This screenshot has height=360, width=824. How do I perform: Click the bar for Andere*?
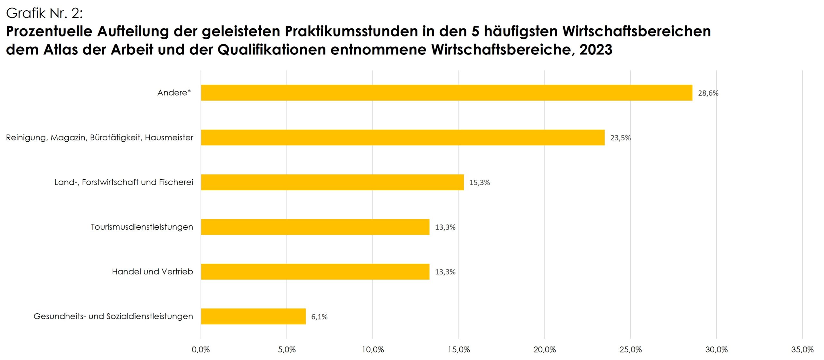click(x=446, y=93)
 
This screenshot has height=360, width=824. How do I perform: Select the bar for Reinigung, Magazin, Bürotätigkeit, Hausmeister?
click(x=403, y=137)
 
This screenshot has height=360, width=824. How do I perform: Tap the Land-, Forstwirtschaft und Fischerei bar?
click(x=332, y=182)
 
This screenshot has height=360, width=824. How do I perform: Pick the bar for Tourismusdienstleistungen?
click(x=315, y=227)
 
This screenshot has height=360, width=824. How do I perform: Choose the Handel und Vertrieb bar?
click(x=315, y=272)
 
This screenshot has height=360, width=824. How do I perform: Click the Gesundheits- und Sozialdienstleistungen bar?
click(x=253, y=317)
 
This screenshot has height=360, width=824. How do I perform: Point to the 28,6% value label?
click(x=708, y=93)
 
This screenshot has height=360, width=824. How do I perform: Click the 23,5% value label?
click(x=621, y=138)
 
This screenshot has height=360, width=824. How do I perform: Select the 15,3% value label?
click(x=480, y=183)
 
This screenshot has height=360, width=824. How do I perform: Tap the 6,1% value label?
click(x=319, y=317)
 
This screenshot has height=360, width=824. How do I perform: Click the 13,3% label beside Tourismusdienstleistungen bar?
click(x=445, y=227)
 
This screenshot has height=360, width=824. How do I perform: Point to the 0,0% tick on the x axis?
click(x=201, y=350)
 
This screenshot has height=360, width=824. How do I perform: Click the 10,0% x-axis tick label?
click(x=373, y=350)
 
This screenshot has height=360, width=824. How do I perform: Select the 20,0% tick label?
click(x=545, y=350)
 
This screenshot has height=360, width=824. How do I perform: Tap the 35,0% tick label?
click(x=802, y=350)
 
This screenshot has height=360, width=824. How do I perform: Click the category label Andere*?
click(x=174, y=93)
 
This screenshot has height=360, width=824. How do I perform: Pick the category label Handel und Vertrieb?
click(x=153, y=272)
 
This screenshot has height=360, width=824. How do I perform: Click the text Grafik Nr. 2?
click(x=44, y=13)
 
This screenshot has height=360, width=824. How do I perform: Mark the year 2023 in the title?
click(x=596, y=50)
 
